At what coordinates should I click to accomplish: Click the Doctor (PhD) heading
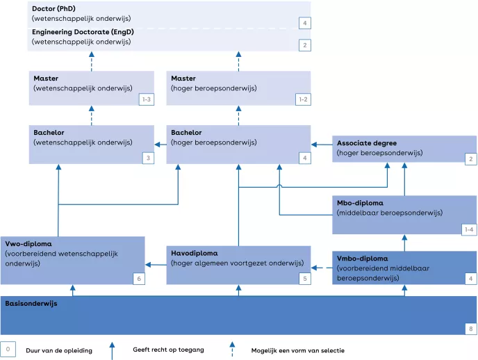click(53, 8)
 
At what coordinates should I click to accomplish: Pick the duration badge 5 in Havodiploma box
click(303, 278)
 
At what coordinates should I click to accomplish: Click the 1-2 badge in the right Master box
click(303, 99)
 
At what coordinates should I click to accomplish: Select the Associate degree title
click(367, 142)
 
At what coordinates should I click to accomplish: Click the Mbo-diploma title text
click(361, 202)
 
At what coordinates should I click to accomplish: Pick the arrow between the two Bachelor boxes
click(160, 145)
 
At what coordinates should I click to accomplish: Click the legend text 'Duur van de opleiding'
click(58, 350)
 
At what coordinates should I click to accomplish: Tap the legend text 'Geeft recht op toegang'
click(167, 350)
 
